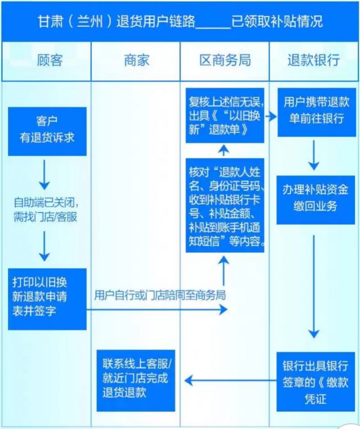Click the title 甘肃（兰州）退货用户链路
(x=117, y=21)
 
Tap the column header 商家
(x=136, y=61)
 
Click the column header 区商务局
(x=225, y=61)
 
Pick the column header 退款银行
(x=314, y=61)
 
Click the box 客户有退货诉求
(x=47, y=131)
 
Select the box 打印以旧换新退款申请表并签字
(x=47, y=299)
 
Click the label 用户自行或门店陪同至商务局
(x=160, y=295)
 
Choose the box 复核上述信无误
(x=225, y=116)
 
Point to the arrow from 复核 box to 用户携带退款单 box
(x=270, y=116)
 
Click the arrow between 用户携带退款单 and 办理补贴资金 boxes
(x=315, y=155)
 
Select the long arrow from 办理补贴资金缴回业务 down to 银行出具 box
(x=315, y=288)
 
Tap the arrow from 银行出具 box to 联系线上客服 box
(x=229, y=381)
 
